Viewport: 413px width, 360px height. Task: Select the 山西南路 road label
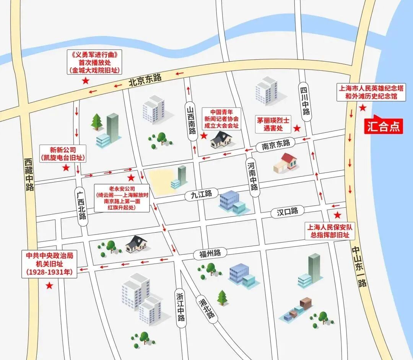click(x=191, y=120)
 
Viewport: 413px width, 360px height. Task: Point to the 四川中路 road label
click(x=305, y=100)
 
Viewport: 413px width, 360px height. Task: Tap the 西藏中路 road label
click(x=29, y=174)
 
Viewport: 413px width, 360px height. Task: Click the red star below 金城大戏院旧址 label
click(x=86, y=81)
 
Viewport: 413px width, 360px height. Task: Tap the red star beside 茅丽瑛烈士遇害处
click(x=297, y=128)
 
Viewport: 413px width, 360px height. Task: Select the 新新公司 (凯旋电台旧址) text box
click(x=63, y=153)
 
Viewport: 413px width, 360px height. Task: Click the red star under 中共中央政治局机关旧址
click(x=49, y=285)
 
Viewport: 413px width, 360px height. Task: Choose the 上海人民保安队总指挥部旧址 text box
click(x=327, y=230)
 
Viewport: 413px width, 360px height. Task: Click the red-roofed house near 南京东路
click(x=286, y=163)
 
